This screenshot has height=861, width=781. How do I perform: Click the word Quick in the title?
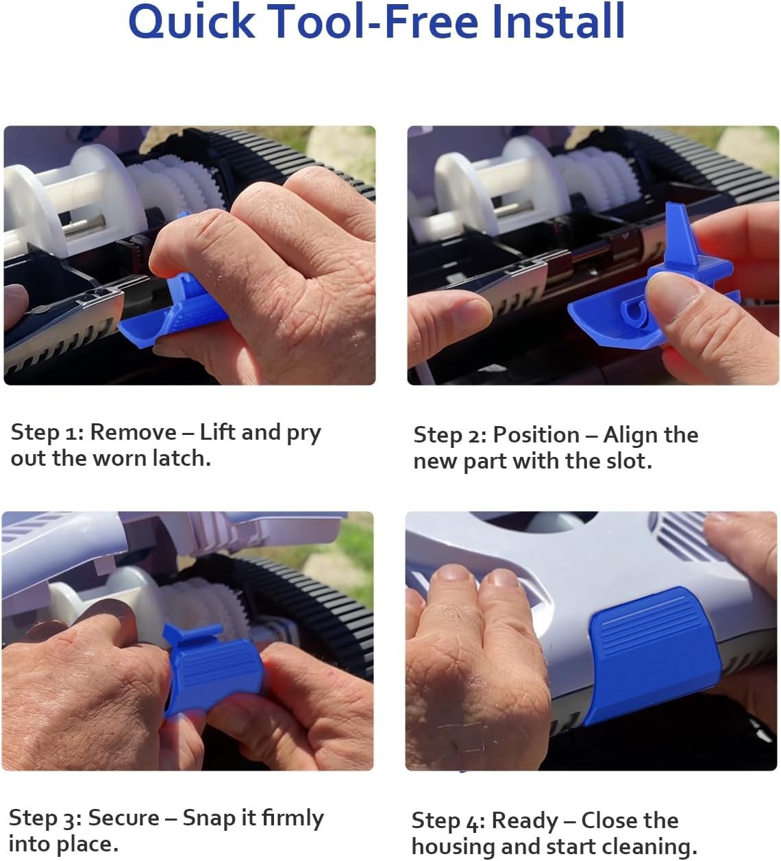(x=192, y=21)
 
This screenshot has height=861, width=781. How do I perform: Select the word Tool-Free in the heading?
(x=374, y=21)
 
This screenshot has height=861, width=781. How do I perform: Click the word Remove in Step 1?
(x=133, y=432)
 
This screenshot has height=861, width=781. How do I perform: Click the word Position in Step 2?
(x=536, y=435)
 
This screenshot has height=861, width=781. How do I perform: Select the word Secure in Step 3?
(x=123, y=818)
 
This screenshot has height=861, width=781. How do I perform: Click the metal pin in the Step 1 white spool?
(x=84, y=225)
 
